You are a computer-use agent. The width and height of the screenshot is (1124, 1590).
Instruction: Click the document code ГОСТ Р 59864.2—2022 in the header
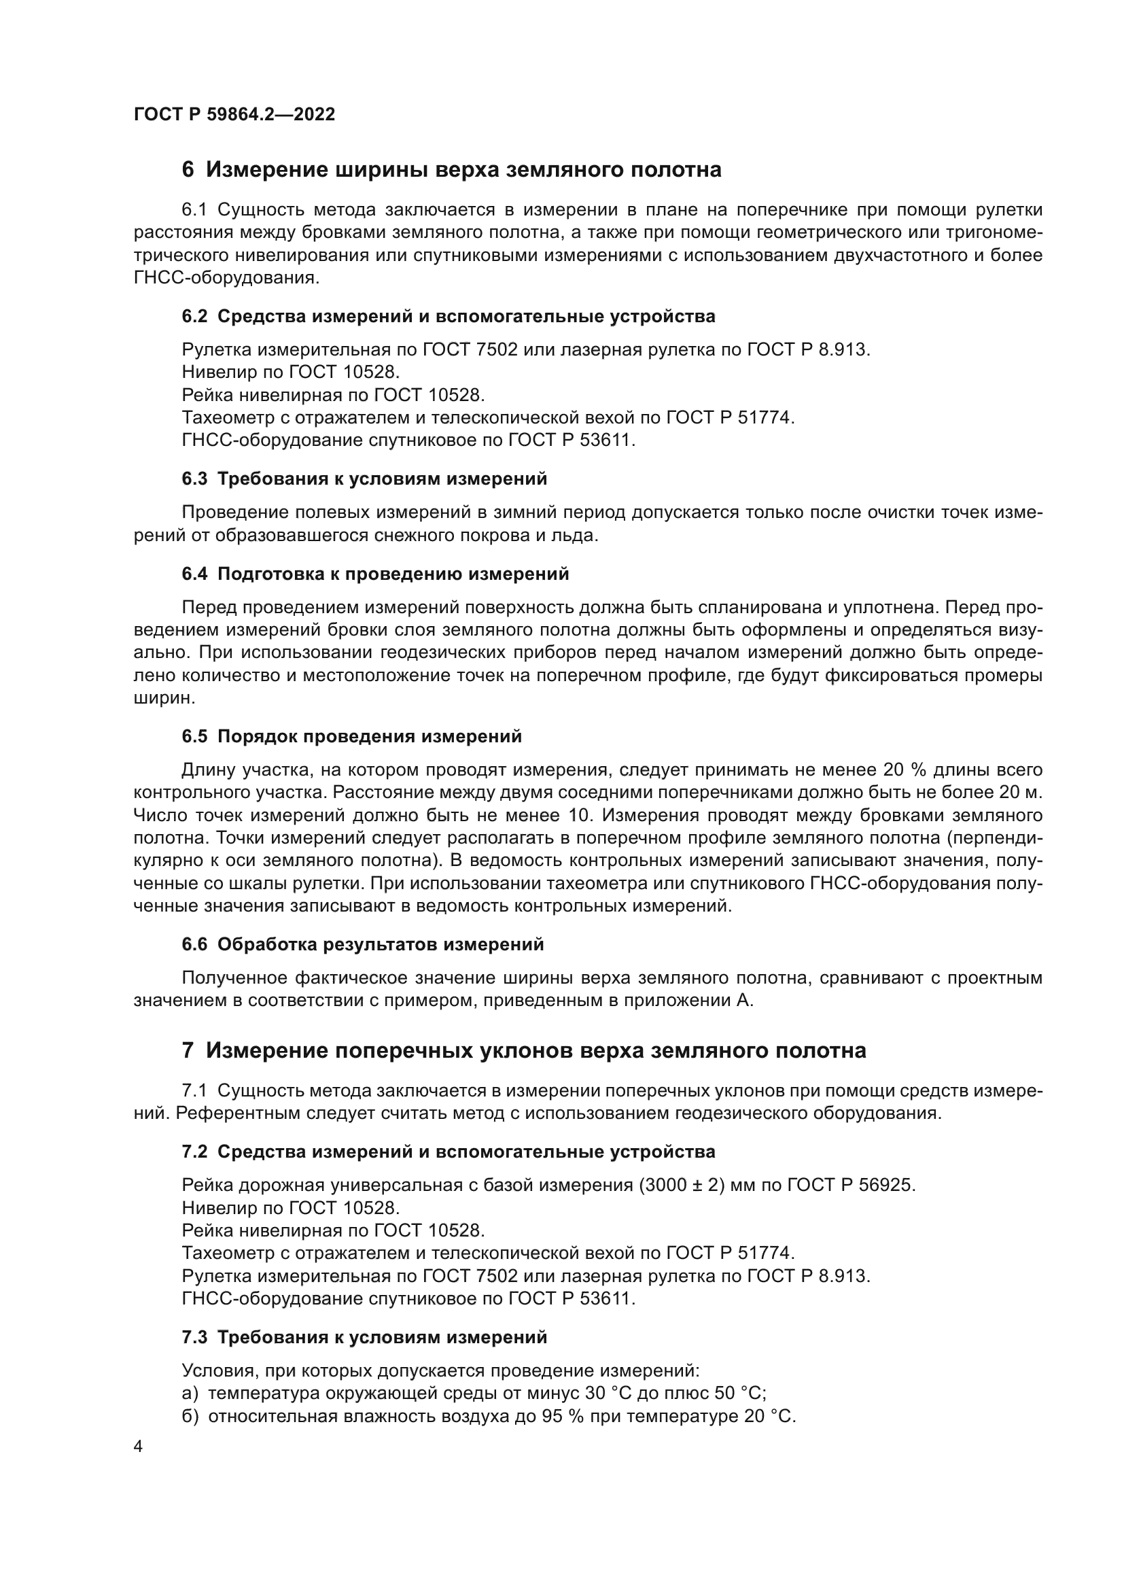pyautogui.click(x=234, y=115)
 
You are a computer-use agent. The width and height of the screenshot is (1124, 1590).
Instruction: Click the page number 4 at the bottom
pyautogui.click(x=139, y=1447)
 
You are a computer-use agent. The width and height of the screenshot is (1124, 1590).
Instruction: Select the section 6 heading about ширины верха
pyautogui.click(x=451, y=170)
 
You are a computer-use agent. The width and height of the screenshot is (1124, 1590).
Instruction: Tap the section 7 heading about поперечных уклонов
pyautogui.click(x=523, y=1050)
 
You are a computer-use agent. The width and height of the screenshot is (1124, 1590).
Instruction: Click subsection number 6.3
pyautogui.click(x=194, y=479)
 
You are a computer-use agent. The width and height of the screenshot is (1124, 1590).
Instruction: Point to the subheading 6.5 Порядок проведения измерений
pyautogui.click(x=351, y=737)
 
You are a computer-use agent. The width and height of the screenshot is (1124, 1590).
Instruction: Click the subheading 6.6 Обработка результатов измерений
pyautogui.click(x=363, y=945)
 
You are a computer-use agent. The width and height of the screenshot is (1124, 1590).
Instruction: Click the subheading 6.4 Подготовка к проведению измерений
pyautogui.click(x=375, y=574)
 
